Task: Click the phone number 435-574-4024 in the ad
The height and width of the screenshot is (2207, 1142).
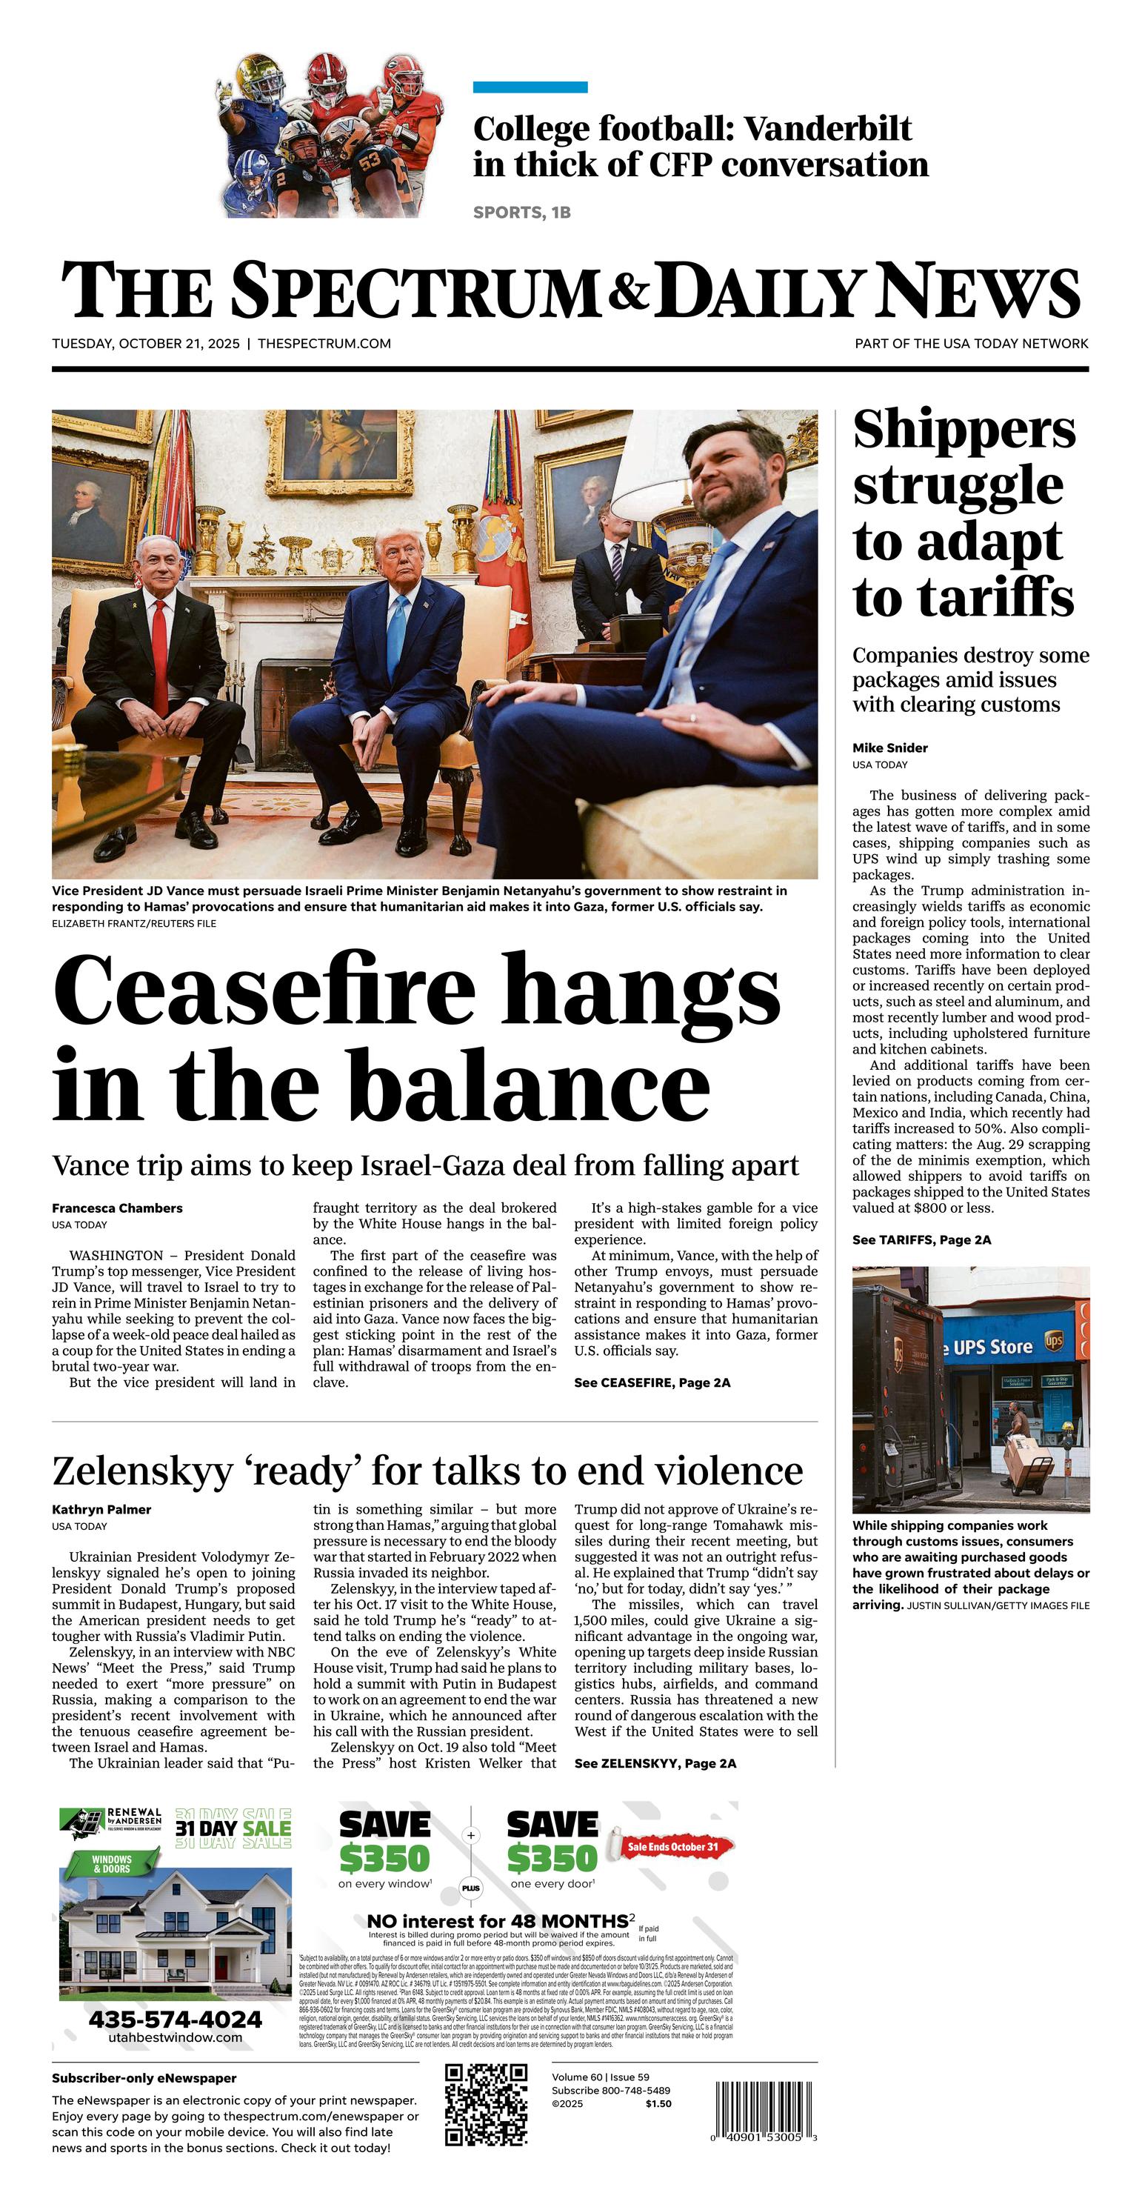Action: (x=175, y=2020)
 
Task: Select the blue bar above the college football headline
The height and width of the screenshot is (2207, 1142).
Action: (x=530, y=87)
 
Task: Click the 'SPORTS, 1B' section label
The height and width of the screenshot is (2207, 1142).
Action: (x=521, y=213)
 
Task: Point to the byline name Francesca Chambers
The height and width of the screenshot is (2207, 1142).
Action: (x=117, y=1208)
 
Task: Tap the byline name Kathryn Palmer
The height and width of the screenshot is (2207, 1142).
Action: (x=101, y=1510)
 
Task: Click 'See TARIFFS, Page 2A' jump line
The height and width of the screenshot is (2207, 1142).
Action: (x=921, y=1239)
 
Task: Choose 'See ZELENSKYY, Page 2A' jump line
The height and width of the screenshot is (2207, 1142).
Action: (x=655, y=1763)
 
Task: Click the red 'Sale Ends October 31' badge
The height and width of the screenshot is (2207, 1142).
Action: (x=672, y=1847)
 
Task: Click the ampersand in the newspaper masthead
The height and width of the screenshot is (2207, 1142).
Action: (x=629, y=290)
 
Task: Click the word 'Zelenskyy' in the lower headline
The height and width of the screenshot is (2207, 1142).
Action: (x=142, y=1471)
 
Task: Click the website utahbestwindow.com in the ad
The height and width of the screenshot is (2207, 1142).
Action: (x=175, y=2037)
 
